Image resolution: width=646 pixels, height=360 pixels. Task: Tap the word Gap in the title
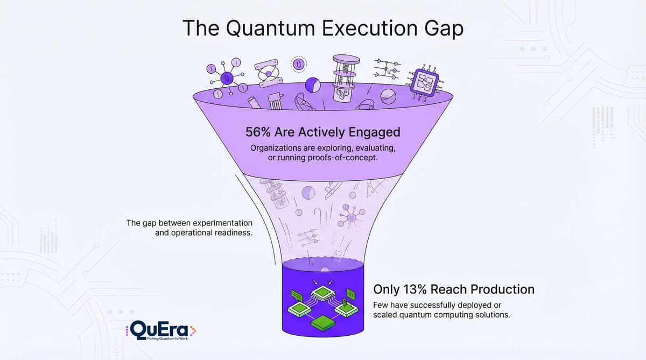pos(442,28)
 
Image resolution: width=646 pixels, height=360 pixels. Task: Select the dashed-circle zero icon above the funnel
pos(299,65)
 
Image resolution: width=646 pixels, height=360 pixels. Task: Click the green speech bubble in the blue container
pos(298,295)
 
